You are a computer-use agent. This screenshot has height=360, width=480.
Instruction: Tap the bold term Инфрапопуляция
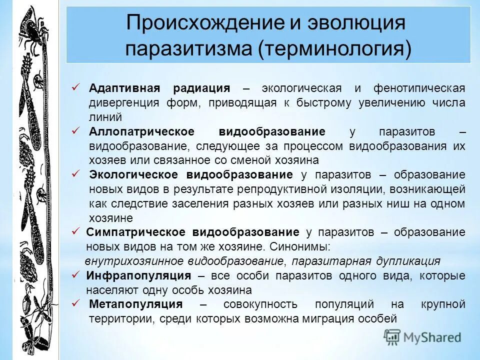[138, 276]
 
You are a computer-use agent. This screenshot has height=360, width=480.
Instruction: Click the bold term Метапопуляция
[136, 304]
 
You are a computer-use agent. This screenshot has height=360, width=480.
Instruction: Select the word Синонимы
[304, 247]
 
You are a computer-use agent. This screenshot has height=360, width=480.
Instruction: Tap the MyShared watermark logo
[422, 336]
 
